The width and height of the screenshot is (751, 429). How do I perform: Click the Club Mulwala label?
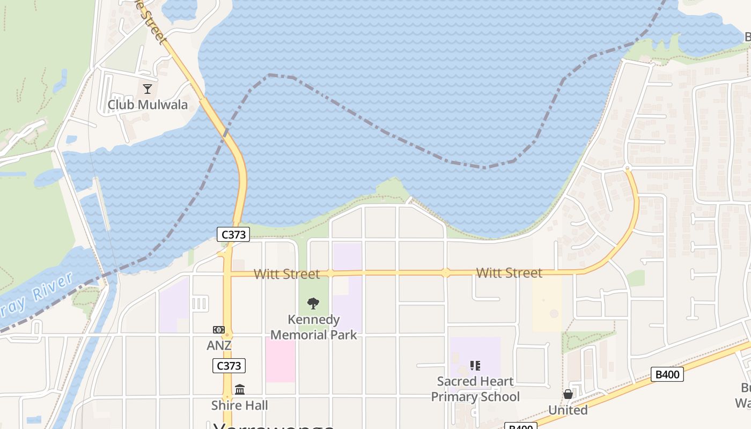(x=148, y=104)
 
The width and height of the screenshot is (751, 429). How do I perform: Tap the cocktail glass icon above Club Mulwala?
(x=148, y=88)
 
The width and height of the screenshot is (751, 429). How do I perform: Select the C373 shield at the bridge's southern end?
(x=233, y=234)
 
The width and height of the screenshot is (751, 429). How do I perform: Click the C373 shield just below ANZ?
(x=229, y=366)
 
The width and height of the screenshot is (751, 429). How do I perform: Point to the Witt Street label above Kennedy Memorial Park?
(x=286, y=274)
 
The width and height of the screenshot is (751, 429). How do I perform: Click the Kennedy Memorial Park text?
(x=314, y=327)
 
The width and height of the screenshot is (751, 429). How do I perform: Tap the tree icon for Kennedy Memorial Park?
(x=313, y=304)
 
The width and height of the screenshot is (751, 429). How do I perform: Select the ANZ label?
(x=219, y=345)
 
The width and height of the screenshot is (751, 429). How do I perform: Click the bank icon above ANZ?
(x=219, y=330)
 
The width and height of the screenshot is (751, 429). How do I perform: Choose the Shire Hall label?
(x=239, y=405)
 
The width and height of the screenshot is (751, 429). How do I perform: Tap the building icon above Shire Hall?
(x=240, y=389)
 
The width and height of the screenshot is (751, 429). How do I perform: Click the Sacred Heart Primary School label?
(x=475, y=389)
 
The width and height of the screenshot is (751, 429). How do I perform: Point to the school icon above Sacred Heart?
(x=475, y=366)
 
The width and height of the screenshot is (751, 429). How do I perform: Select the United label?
(x=568, y=410)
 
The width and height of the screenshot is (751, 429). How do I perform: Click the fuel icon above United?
(x=568, y=395)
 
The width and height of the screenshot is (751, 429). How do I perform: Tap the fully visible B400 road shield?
(x=667, y=374)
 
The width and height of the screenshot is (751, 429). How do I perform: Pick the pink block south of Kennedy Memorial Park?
(x=280, y=359)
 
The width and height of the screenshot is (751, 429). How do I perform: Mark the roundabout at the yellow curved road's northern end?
(x=627, y=169)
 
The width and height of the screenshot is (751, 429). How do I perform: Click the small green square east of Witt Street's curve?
(x=635, y=278)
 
